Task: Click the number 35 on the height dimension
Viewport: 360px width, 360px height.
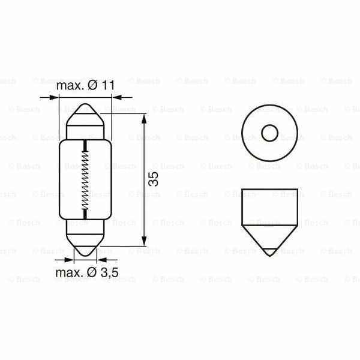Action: pyautogui.click(x=154, y=179)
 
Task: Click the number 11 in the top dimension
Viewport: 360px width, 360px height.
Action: pyautogui.click(x=107, y=85)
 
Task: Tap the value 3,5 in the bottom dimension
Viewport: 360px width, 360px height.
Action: pyautogui.click(x=109, y=272)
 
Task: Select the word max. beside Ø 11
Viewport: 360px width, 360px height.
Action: pyautogui.click(x=70, y=85)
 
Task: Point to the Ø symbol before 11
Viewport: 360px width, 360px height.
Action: pyautogui.click(x=92, y=85)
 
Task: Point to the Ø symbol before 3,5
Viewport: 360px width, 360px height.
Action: pyautogui.click(x=92, y=272)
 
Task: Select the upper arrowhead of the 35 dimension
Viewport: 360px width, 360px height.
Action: pyautogui.click(x=145, y=118)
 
